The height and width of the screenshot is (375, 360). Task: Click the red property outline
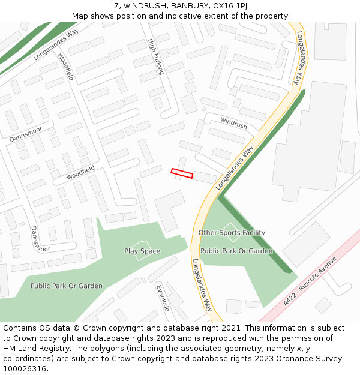pyautogui.click(x=182, y=173)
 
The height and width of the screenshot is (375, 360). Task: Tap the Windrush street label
pyautogui.click(x=233, y=123)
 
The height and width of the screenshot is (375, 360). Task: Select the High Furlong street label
pyautogui.click(x=155, y=56)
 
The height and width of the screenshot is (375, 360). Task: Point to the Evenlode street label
pyautogui.click(x=163, y=297)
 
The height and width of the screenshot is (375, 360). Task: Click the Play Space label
pyautogui.click(x=142, y=251)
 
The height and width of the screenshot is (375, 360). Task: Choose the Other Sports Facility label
pyautogui.click(x=232, y=233)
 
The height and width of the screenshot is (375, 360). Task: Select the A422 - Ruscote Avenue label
pyautogui.click(x=310, y=282)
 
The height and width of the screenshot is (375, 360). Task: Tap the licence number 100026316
pyautogui.click(x=25, y=369)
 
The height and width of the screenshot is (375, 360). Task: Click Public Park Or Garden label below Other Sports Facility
pyautogui.click(x=236, y=251)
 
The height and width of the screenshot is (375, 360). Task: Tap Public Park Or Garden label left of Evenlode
pyautogui.click(x=66, y=286)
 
